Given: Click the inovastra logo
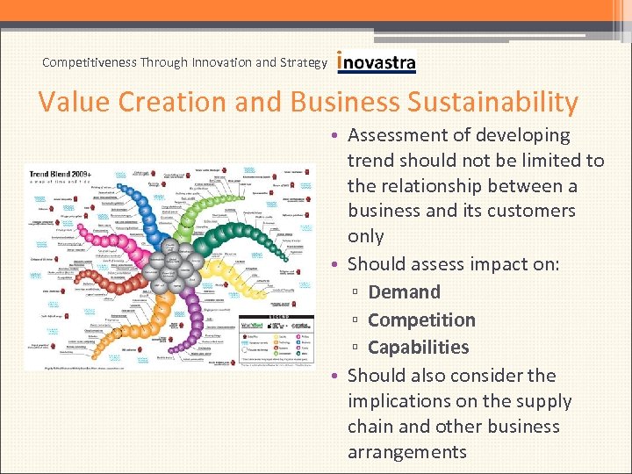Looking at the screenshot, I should (x=376, y=62).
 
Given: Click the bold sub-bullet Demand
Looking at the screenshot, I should (x=404, y=292).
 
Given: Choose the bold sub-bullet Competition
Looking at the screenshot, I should (x=421, y=320).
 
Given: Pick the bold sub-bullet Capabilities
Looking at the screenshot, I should (x=418, y=348).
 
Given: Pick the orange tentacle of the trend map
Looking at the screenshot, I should (x=167, y=325).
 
